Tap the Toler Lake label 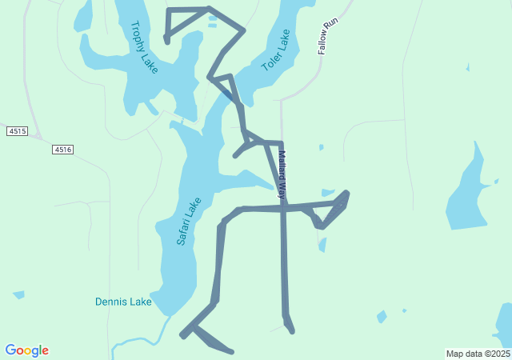275,50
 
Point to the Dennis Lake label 123,302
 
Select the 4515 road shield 17,130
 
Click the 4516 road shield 63,150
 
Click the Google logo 26,350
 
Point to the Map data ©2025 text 478,354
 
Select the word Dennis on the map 110,302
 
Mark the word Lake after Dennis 141,302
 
